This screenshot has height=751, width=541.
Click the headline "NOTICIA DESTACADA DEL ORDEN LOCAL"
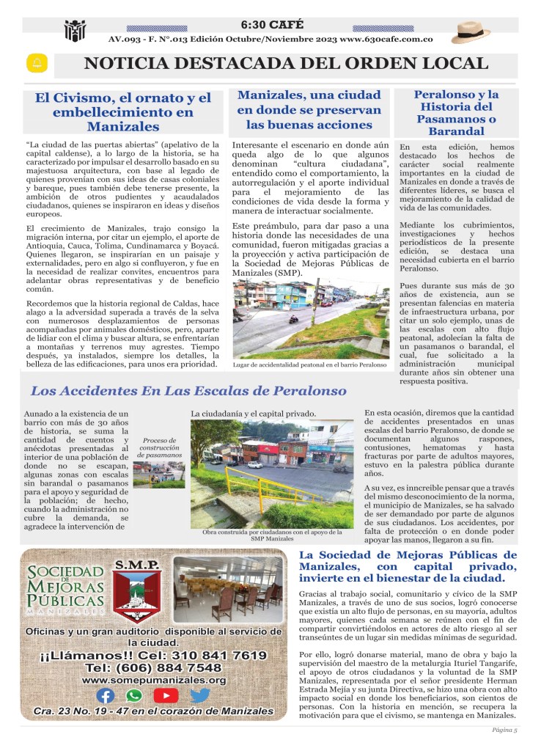point(286,64)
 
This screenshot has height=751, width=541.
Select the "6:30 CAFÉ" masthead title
point(271,25)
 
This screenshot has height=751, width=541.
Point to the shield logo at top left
point(75,31)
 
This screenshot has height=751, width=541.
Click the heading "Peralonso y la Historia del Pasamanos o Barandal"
point(456,113)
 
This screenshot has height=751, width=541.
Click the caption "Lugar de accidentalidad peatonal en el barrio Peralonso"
point(309,364)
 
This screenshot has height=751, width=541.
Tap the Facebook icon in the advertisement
point(106,695)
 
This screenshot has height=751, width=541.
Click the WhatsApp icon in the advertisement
point(133,695)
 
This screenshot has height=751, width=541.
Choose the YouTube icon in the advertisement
point(166,695)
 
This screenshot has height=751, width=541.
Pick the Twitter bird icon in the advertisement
point(199,695)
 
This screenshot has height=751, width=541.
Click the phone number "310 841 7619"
point(214,655)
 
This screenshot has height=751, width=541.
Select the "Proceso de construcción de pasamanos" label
point(159,447)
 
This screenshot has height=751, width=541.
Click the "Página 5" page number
point(504,730)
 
